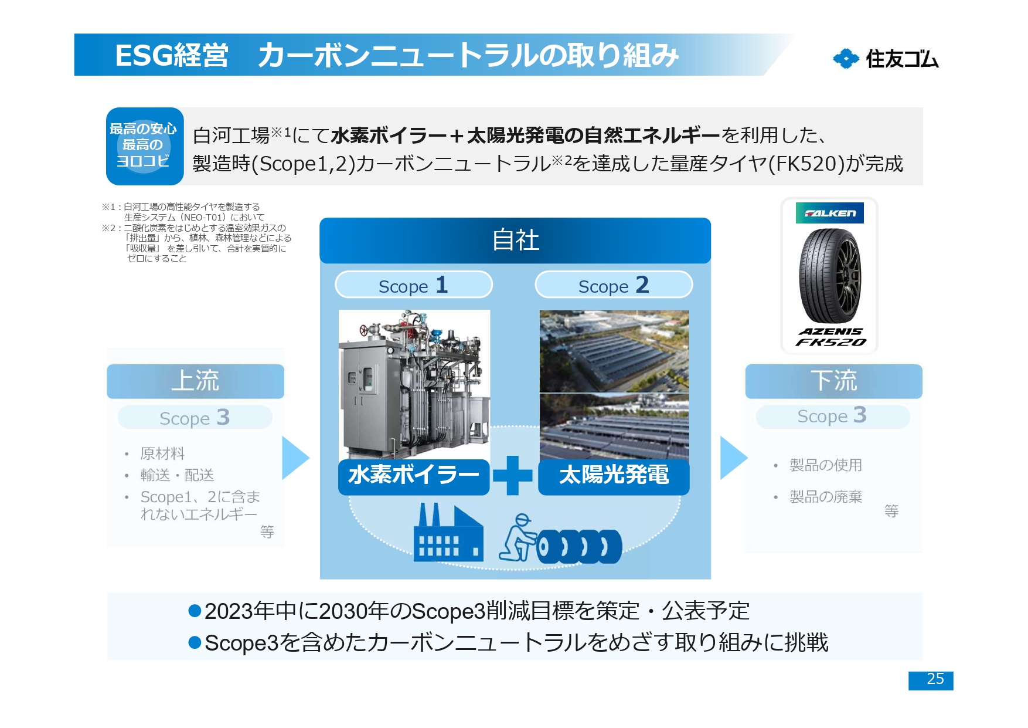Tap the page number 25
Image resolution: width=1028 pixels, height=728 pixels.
(x=930, y=680)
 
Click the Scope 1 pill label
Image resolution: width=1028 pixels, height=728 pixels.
(x=413, y=285)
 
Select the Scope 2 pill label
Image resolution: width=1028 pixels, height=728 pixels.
(x=613, y=285)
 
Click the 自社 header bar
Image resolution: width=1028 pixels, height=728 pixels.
(x=515, y=241)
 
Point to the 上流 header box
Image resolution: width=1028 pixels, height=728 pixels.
(x=195, y=381)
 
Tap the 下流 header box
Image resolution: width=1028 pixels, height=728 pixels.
(x=833, y=381)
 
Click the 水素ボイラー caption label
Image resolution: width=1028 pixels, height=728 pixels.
(x=413, y=476)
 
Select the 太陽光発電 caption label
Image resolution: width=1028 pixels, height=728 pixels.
(x=613, y=476)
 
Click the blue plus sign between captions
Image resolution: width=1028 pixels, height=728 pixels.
(x=513, y=475)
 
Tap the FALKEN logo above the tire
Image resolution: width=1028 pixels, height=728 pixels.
(x=829, y=213)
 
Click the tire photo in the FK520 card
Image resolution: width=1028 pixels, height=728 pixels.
(x=829, y=276)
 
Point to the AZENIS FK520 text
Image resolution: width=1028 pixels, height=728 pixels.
(x=830, y=337)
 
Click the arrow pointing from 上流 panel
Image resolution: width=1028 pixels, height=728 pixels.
(x=294, y=458)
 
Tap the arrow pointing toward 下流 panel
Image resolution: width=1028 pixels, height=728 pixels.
(x=732, y=458)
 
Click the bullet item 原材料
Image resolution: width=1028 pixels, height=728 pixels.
(x=162, y=453)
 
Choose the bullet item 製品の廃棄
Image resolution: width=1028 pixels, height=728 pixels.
(x=825, y=497)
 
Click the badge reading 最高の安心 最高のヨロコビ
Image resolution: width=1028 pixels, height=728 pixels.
(x=144, y=145)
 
